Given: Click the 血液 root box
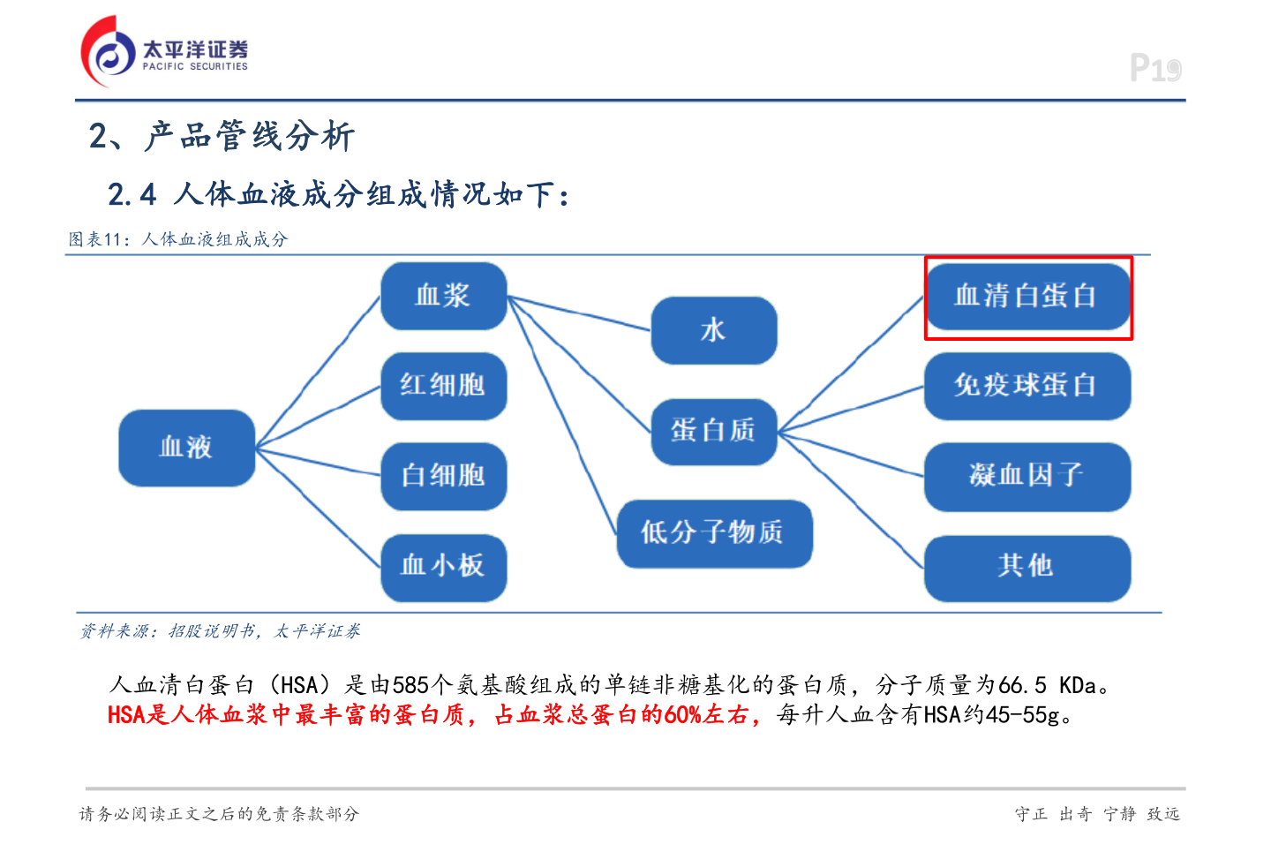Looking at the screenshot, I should click(x=186, y=448).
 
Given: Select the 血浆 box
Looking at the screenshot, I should click(x=443, y=296).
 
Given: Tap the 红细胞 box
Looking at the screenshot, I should click(x=443, y=386).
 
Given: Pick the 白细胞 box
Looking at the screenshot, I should click(x=443, y=476).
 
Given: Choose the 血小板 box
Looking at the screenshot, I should click(x=443, y=566).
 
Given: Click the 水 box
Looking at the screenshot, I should click(x=713, y=330).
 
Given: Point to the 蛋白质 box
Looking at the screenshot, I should click(x=713, y=431).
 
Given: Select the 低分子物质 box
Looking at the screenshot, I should click(x=713, y=532).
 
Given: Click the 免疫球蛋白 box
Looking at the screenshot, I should click(x=1027, y=386).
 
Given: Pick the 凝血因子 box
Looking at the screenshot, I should click(x=1027, y=476).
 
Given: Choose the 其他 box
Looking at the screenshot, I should click(x=1027, y=566).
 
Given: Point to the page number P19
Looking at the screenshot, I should click(x=1154, y=68).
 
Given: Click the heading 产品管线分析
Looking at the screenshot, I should click(x=249, y=137).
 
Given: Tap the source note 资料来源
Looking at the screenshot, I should click(x=118, y=631).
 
